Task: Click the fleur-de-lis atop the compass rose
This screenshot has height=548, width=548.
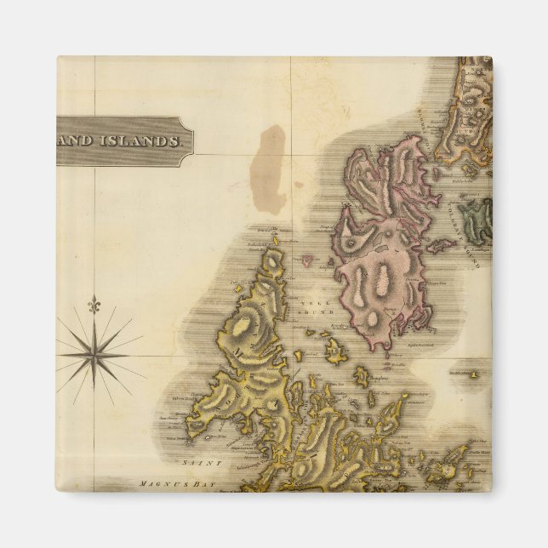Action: (94, 304)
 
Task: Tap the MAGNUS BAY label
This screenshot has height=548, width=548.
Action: (167, 484)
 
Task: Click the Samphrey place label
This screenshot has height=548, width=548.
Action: (380, 377)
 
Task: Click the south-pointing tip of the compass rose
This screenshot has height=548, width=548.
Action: (94, 400)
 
